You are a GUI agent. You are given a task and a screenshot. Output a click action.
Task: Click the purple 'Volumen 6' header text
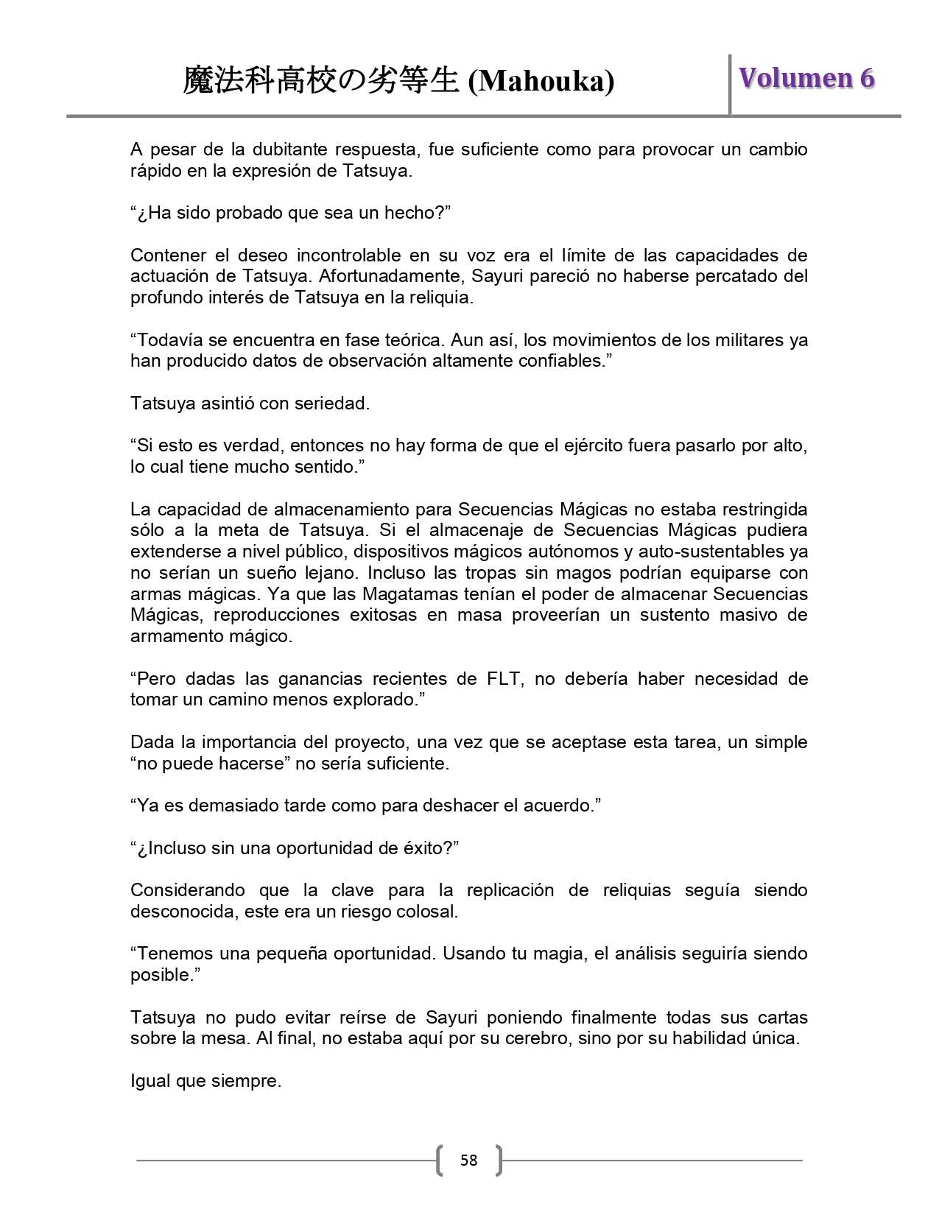click(806, 78)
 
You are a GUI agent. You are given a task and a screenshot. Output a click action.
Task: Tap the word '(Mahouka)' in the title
click(541, 81)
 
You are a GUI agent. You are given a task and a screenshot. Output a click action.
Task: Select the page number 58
click(468, 1161)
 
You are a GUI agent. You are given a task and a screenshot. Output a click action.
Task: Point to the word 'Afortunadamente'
click(390, 276)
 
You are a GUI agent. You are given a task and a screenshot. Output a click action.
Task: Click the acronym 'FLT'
click(502, 679)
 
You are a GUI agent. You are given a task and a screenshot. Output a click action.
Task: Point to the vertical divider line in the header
click(730, 84)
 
